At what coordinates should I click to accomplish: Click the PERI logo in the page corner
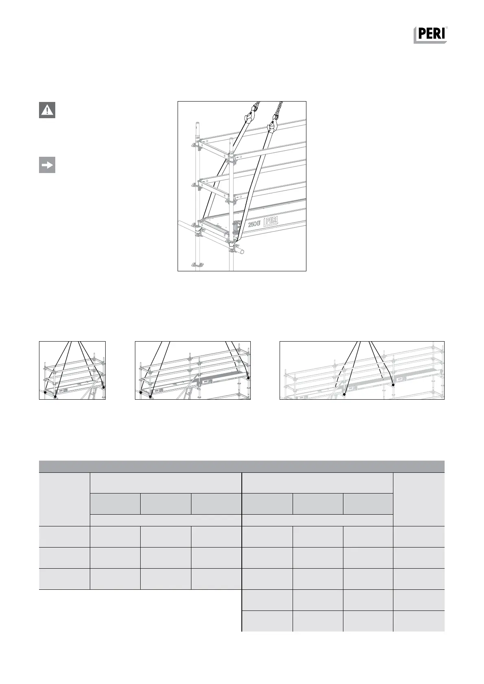431,35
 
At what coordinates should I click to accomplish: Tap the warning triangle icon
47,110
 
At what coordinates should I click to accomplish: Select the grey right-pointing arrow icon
47,165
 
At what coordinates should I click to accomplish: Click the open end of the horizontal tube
242,252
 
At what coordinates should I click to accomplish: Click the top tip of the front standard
231,140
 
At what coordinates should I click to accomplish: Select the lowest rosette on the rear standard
197,266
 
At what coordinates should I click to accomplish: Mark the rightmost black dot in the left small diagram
104,387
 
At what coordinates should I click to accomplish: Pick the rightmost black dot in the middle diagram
248,378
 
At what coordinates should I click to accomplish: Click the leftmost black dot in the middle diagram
141,393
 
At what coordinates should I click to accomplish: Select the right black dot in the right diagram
393,385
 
